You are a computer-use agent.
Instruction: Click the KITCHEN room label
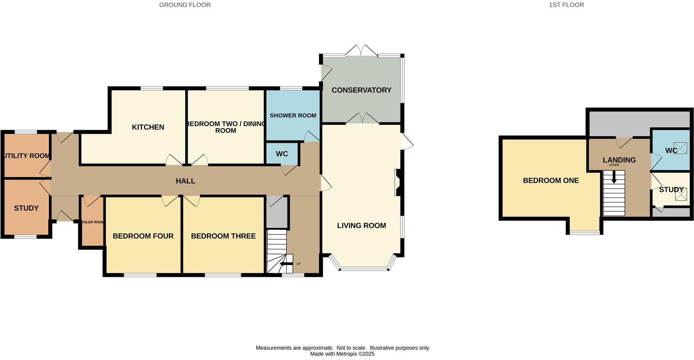pyautogui.click(x=148, y=127)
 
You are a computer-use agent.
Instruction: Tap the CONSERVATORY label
pyautogui.click(x=361, y=90)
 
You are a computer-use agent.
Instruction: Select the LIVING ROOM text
pyautogui.click(x=361, y=226)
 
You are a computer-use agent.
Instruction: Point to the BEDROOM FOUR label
pyautogui.click(x=143, y=236)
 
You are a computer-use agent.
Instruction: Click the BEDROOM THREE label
pyautogui.click(x=223, y=236)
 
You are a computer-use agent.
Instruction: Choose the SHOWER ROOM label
pyautogui.click(x=293, y=116)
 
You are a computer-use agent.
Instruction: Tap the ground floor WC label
pyautogui.click(x=282, y=154)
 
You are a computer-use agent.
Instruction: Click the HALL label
pyautogui.click(x=185, y=181)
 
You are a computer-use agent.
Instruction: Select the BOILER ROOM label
pyautogui.click(x=93, y=222)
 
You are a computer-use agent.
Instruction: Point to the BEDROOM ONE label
pyautogui.click(x=550, y=180)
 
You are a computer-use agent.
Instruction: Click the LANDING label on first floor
pyautogui.click(x=619, y=160)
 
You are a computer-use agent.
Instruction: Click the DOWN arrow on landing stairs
pyautogui.click(x=614, y=177)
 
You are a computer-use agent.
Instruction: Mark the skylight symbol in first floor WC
pyautogui.click(x=680, y=148)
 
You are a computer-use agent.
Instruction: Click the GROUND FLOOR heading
pyautogui.click(x=185, y=5)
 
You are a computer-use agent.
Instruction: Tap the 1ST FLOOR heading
pyautogui.click(x=566, y=5)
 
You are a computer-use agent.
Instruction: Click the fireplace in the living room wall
pyautogui.click(x=397, y=182)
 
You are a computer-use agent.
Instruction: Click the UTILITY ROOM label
pyautogui.click(x=27, y=156)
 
